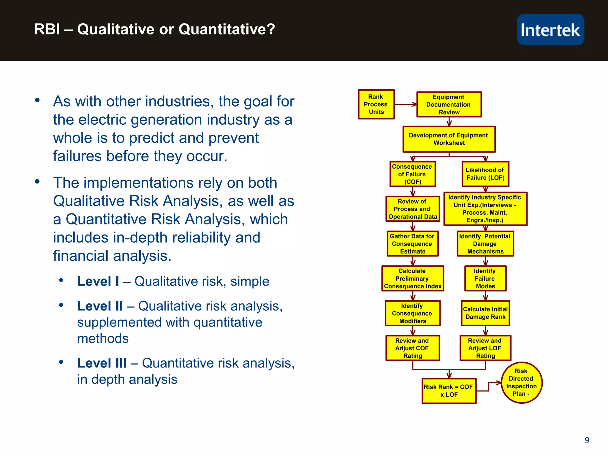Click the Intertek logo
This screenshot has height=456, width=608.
coord(550,30)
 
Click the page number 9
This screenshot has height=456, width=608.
coord(587,440)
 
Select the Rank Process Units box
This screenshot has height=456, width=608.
coord(376,104)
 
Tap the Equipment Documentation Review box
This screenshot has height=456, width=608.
coord(449,104)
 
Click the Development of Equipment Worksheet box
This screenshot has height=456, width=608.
coord(449,139)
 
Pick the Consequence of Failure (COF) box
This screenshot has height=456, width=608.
coord(412,174)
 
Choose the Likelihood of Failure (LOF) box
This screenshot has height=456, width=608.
coord(485,174)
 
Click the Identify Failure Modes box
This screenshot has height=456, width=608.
coord(485,278)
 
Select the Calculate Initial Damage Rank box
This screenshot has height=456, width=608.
coord(485,313)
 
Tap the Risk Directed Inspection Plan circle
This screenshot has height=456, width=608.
coord(521,383)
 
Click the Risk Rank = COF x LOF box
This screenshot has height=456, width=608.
coord(449,391)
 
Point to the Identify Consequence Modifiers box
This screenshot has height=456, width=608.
coord(412,313)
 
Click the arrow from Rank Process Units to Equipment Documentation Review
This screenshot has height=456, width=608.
coord(406,104)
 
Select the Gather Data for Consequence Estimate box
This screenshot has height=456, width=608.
coord(412,244)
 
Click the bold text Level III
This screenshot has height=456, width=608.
coord(102,363)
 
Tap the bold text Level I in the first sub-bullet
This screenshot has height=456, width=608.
coord(98,281)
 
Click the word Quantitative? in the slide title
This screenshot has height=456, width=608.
coord(227,29)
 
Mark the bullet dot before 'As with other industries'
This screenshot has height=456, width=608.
coord(37,100)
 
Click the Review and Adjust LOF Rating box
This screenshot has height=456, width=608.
coord(485,348)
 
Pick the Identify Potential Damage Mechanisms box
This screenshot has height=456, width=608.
coord(485,244)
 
